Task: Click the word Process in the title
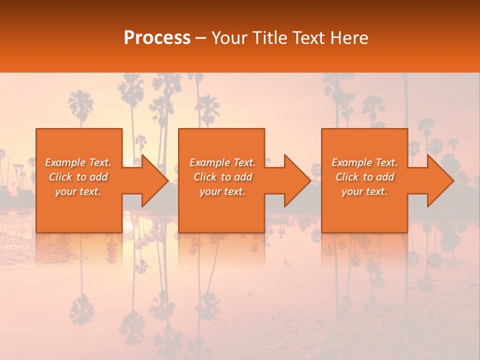tap(157, 38)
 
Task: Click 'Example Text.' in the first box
tap(78, 162)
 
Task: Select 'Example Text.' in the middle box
tap(222, 162)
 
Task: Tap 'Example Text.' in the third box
tap(364, 162)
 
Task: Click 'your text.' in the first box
tap(78, 191)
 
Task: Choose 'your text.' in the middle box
tap(222, 191)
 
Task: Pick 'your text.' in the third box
tap(364, 191)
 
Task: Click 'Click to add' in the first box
tap(78, 177)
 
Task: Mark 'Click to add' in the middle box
tap(222, 177)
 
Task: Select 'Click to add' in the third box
tap(364, 177)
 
